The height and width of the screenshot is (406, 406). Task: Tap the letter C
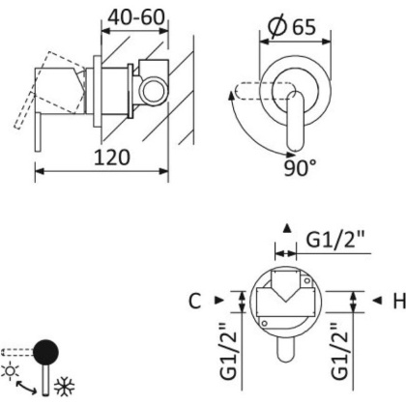[x=194, y=301]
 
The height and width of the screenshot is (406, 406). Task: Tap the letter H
[x=396, y=301]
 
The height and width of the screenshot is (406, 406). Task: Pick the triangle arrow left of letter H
[x=373, y=301]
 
